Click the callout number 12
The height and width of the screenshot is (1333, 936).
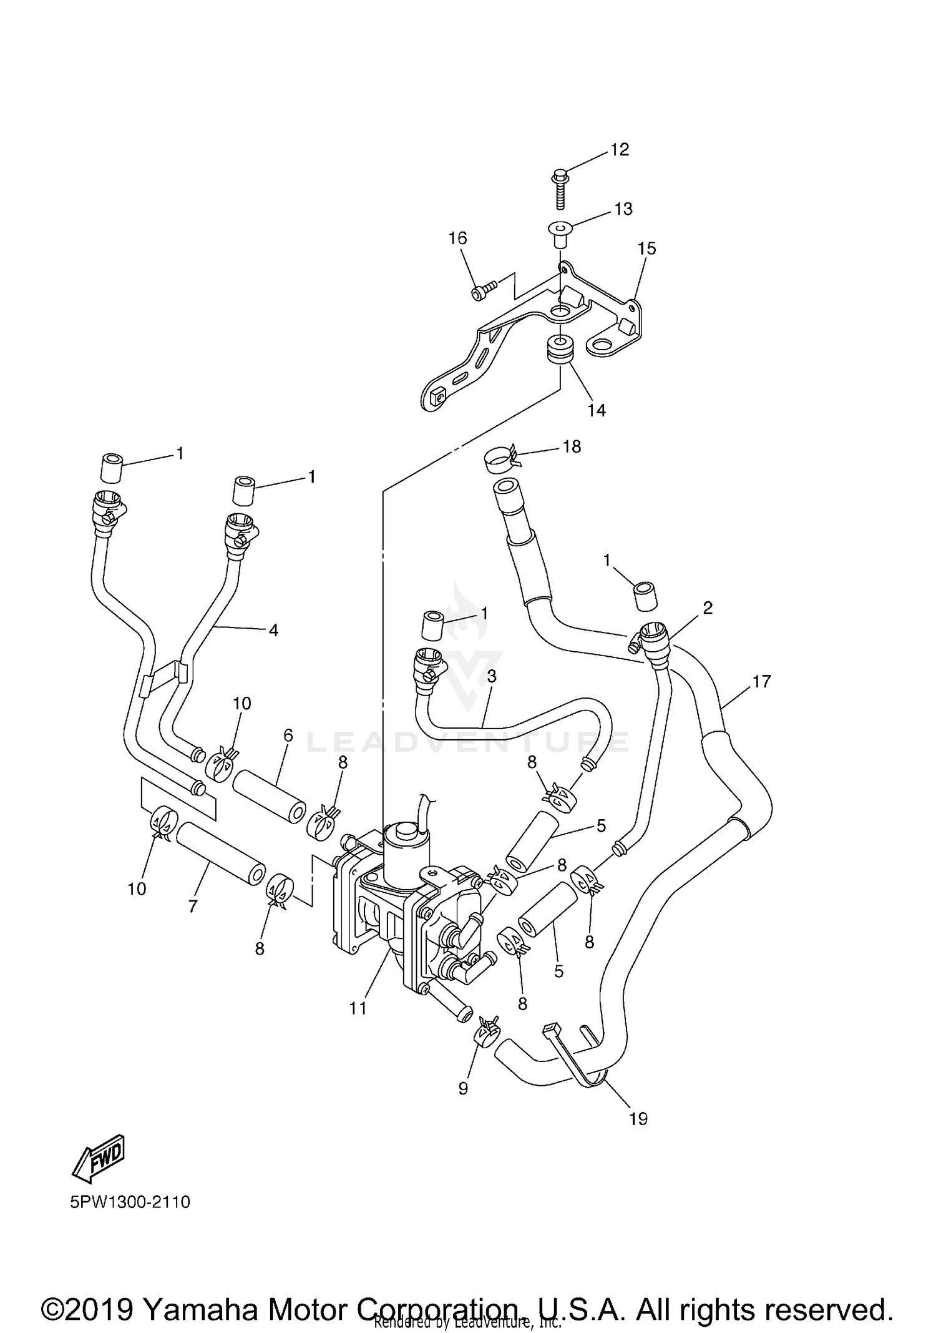[620, 150]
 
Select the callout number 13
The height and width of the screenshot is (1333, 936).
[623, 209]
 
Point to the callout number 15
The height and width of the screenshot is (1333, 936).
[646, 248]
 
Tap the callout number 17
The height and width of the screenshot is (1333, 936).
[761, 681]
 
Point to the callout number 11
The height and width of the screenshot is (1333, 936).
[358, 1008]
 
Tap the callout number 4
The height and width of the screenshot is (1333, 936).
[273, 630]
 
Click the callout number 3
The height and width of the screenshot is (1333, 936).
[492, 676]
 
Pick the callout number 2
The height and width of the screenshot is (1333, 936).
[707, 607]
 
